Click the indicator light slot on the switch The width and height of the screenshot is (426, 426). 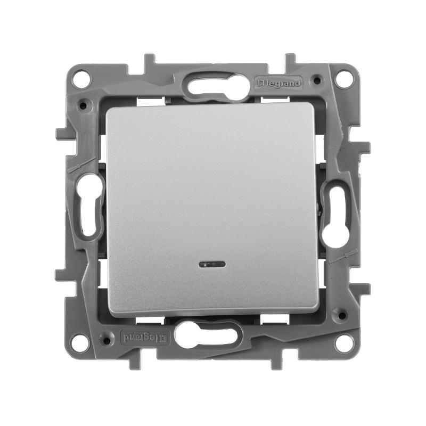pyautogui.click(x=212, y=264)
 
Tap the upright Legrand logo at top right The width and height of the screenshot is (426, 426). pyautogui.click(x=278, y=83)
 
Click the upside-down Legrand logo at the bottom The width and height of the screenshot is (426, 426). pyautogui.click(x=145, y=337)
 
